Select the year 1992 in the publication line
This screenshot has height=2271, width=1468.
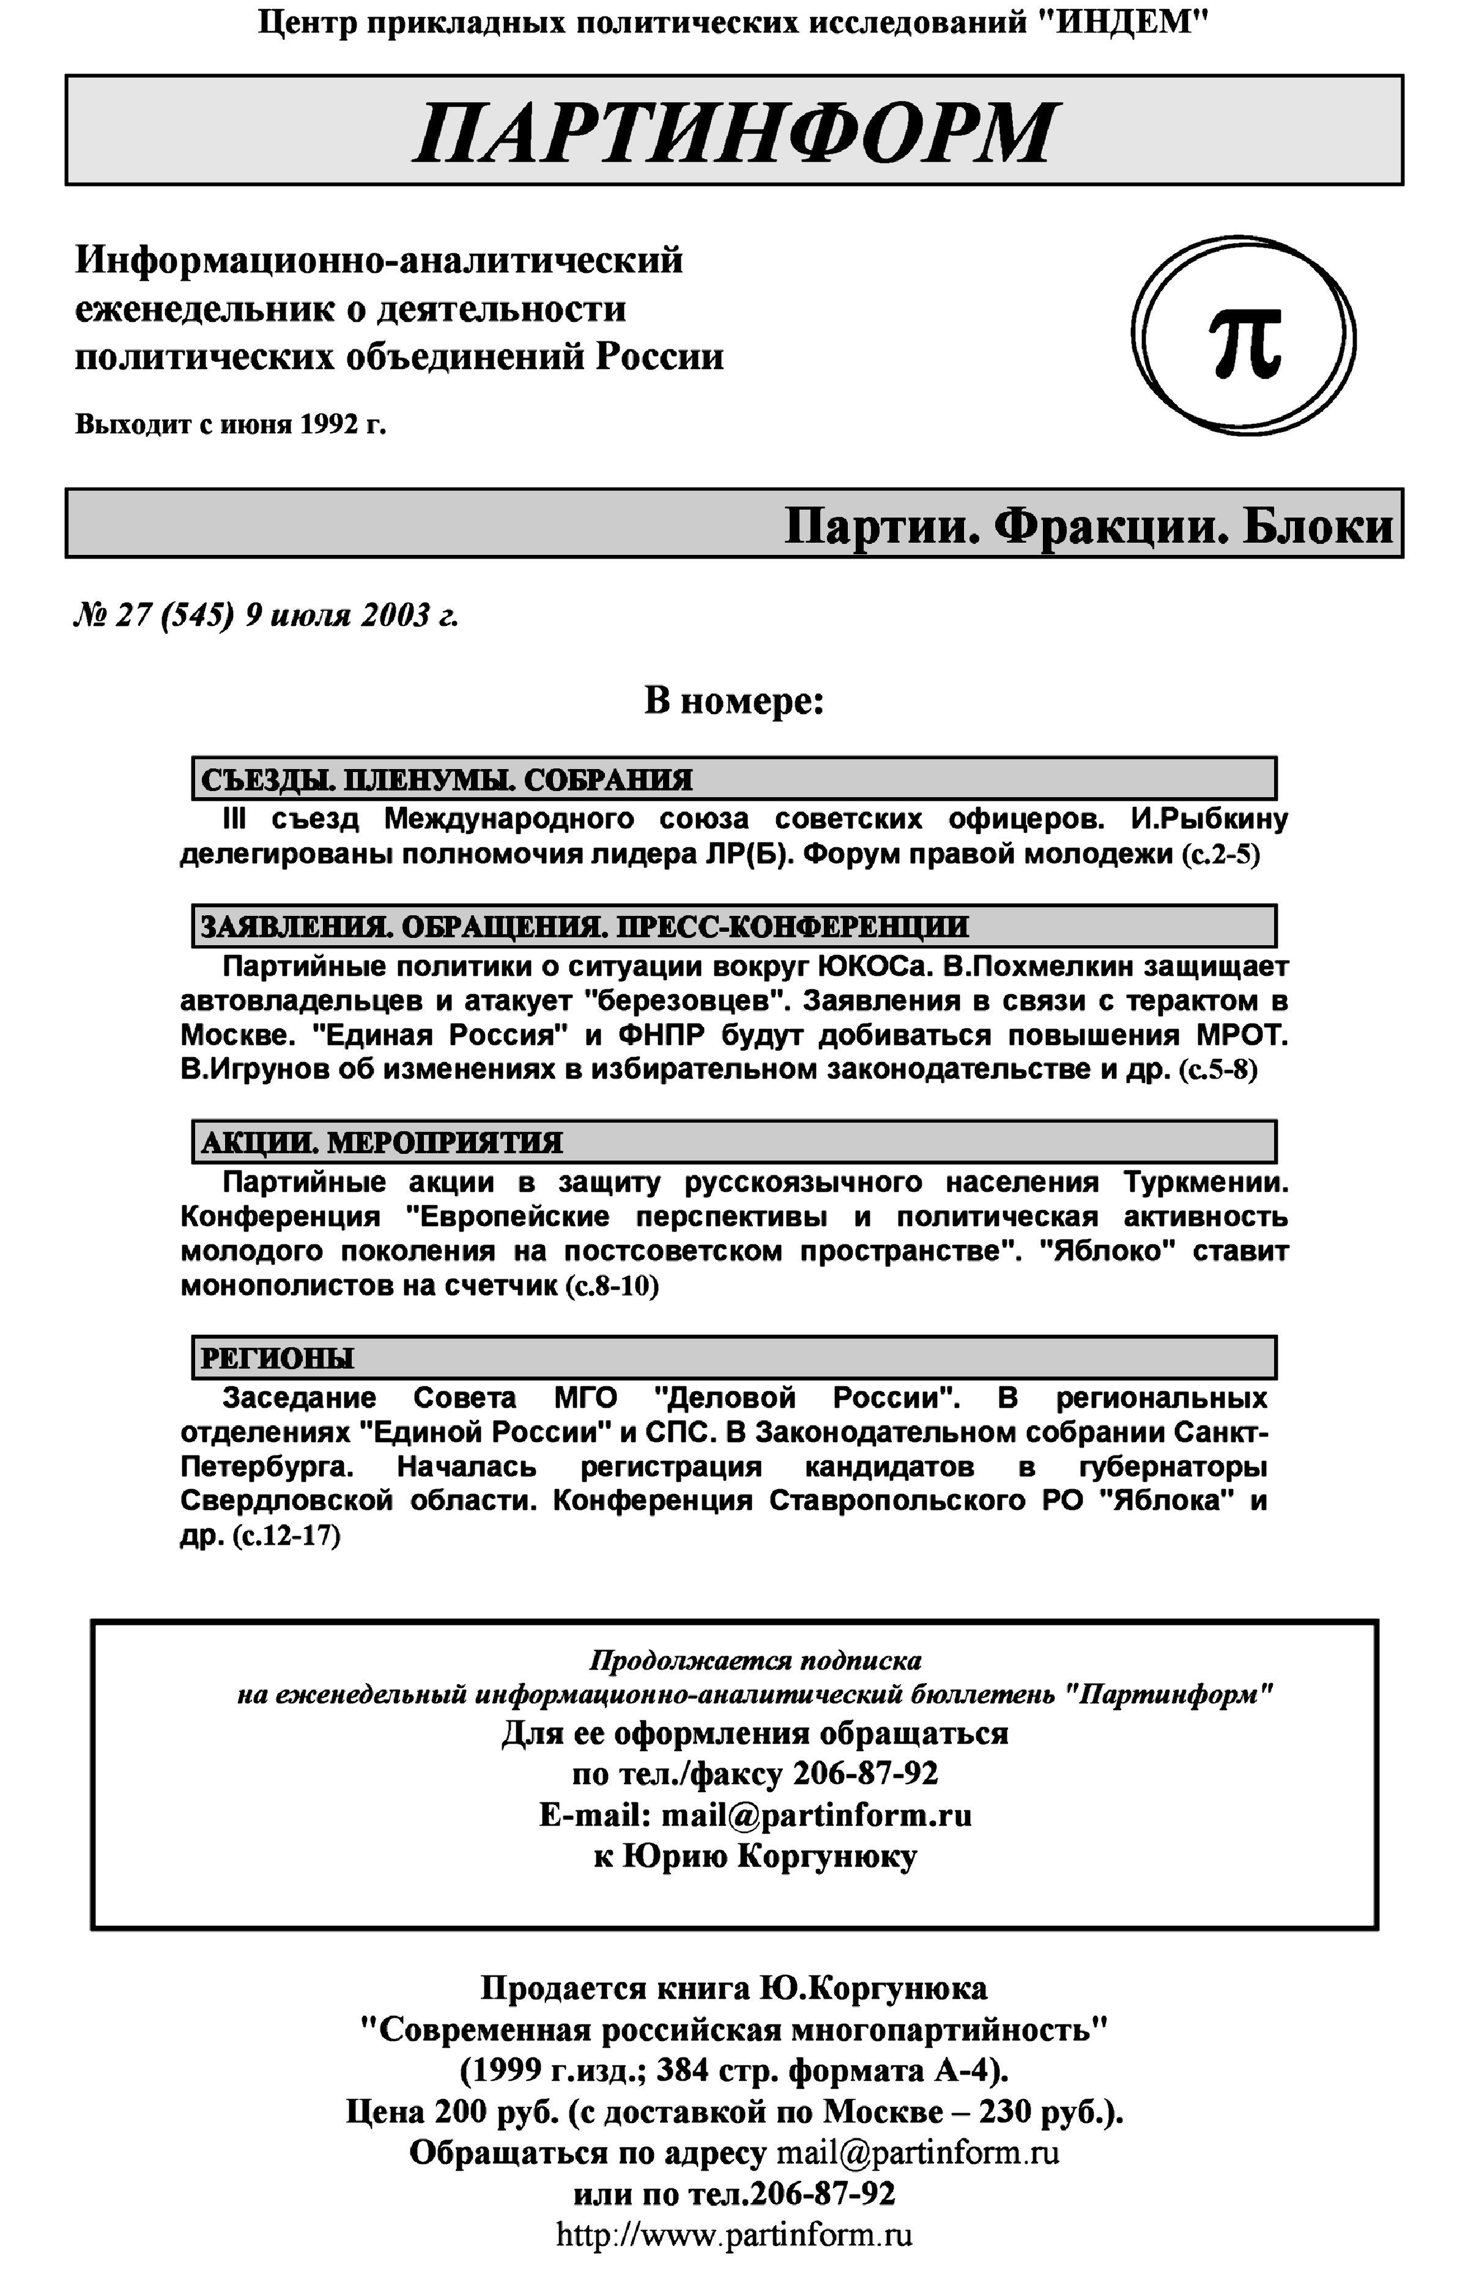pos(328,424)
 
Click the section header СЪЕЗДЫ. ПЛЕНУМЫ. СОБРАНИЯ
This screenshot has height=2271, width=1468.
pos(446,780)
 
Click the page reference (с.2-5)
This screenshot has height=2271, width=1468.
pos(1220,854)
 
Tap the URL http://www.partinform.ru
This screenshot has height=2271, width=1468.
pos(734,2234)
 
